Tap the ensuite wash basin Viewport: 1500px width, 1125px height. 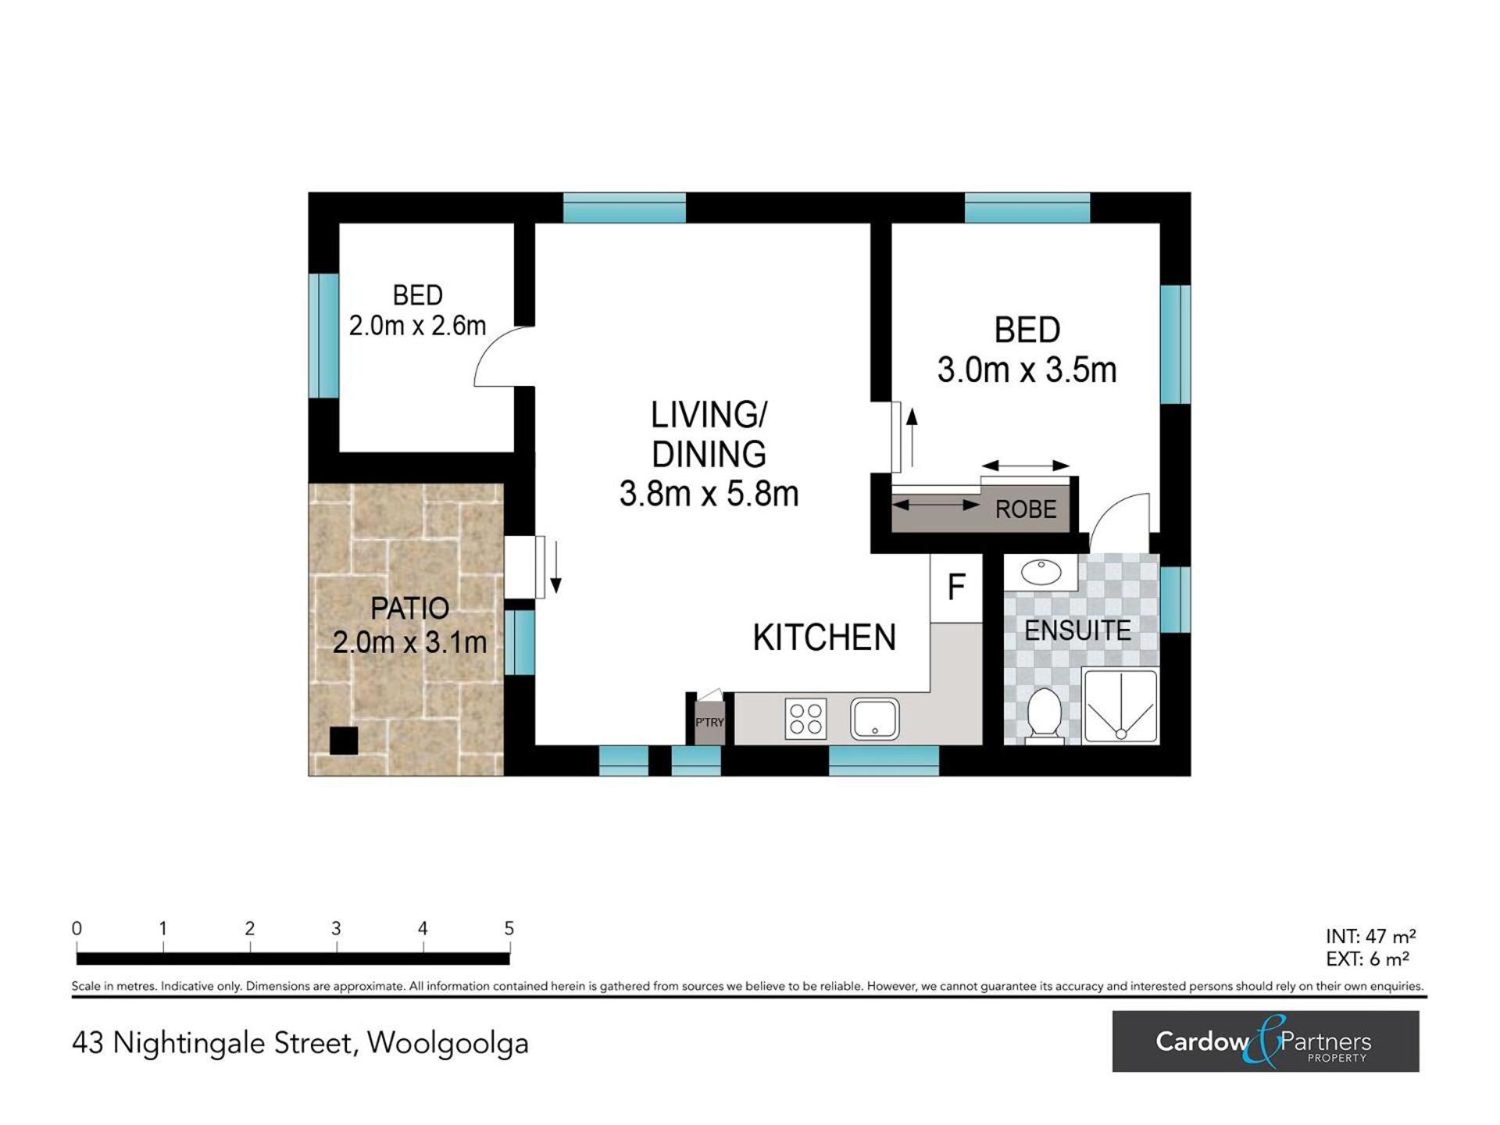tap(1041, 573)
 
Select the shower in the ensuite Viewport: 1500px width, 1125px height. tap(1120, 705)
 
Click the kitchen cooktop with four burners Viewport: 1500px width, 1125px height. tap(805, 719)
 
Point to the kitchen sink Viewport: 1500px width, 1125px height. tap(875, 719)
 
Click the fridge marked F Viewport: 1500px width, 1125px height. tap(956, 588)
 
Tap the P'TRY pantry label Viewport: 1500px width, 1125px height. tap(709, 723)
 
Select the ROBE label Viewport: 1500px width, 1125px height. tap(1026, 509)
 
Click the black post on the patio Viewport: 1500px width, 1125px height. tap(344, 741)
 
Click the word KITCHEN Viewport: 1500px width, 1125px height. tap(824, 637)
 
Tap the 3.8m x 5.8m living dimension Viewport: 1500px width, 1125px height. tap(709, 494)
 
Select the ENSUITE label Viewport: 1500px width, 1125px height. tap(1077, 630)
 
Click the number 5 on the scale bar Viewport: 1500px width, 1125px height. tap(509, 928)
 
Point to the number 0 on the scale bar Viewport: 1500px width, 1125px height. tap(77, 928)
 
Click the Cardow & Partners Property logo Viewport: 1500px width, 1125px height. tap(1266, 1041)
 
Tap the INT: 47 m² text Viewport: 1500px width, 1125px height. tap(1370, 936)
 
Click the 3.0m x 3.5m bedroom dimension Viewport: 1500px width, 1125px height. tap(1027, 370)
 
